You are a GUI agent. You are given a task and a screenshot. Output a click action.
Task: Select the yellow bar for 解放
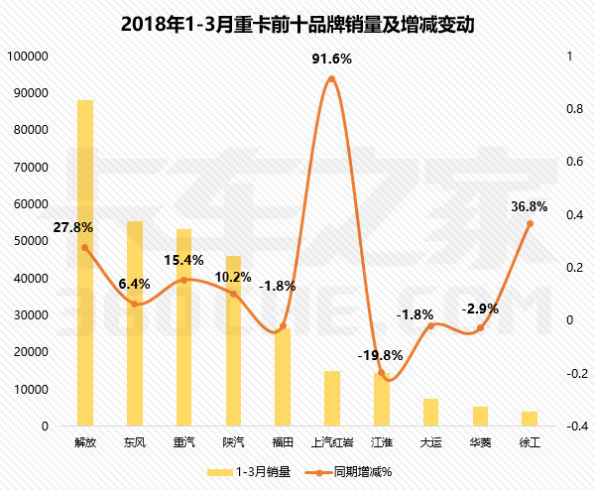pyautogui.click(x=85, y=263)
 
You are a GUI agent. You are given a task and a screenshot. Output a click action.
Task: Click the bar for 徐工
pyautogui.click(x=530, y=419)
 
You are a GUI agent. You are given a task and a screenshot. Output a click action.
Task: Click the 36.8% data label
pyautogui.click(x=530, y=206)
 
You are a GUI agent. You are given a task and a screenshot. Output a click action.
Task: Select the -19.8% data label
pyautogui.click(x=381, y=355)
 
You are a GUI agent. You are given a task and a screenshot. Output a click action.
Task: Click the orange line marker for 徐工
pyautogui.click(x=530, y=223)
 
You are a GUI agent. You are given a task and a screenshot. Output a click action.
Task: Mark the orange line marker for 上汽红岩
pyautogui.click(x=332, y=78)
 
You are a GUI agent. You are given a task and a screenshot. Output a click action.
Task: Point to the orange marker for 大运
pyautogui.click(x=431, y=325)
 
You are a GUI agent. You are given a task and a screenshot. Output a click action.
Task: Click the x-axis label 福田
pyautogui.click(x=283, y=441)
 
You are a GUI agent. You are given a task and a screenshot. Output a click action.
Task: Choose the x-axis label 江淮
pyautogui.click(x=382, y=441)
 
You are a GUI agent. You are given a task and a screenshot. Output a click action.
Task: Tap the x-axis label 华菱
pyautogui.click(x=480, y=441)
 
